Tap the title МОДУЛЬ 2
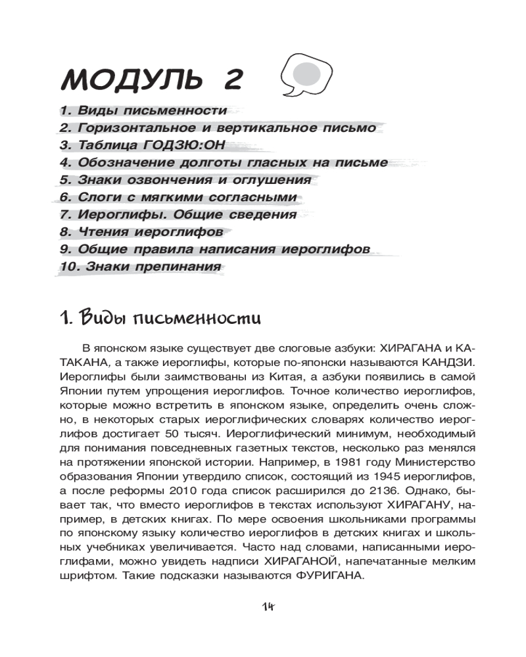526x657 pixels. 152,79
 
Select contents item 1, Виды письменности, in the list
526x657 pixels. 143,110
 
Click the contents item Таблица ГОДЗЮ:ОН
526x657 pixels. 150,145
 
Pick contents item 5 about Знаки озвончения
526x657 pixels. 185,180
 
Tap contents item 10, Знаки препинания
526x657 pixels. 140,267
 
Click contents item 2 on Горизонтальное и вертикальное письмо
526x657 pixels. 218,128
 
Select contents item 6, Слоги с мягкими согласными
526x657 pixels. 178,197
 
